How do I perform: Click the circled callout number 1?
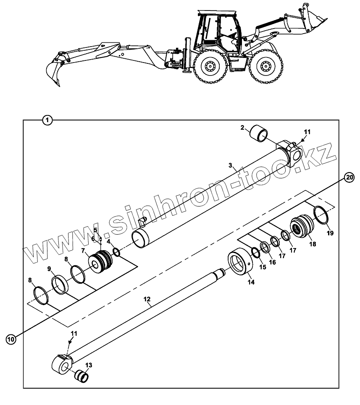point(47,120)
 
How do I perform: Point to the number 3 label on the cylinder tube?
point(230,165)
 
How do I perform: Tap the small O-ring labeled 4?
point(117,252)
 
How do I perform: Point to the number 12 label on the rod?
point(147,299)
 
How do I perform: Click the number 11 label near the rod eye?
point(74,333)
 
